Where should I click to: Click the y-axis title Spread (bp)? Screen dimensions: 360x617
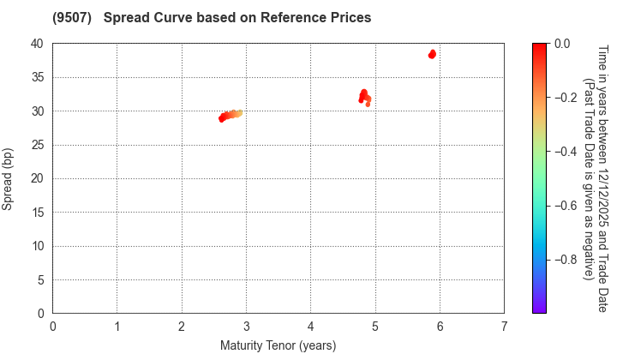(x=12, y=178)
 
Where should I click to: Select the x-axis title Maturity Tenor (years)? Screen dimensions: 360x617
(x=279, y=345)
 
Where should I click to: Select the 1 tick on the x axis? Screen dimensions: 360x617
(x=117, y=326)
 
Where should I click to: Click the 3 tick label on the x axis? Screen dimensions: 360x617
(x=247, y=326)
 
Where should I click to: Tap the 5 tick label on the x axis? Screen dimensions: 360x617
(x=375, y=326)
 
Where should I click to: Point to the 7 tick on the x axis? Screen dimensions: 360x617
(x=504, y=326)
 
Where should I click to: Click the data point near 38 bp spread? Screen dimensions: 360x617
(x=432, y=54)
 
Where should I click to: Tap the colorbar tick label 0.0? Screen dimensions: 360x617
(x=564, y=44)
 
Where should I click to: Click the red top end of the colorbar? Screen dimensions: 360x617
(x=539, y=45)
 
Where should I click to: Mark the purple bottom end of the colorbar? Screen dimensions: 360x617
(x=539, y=311)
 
